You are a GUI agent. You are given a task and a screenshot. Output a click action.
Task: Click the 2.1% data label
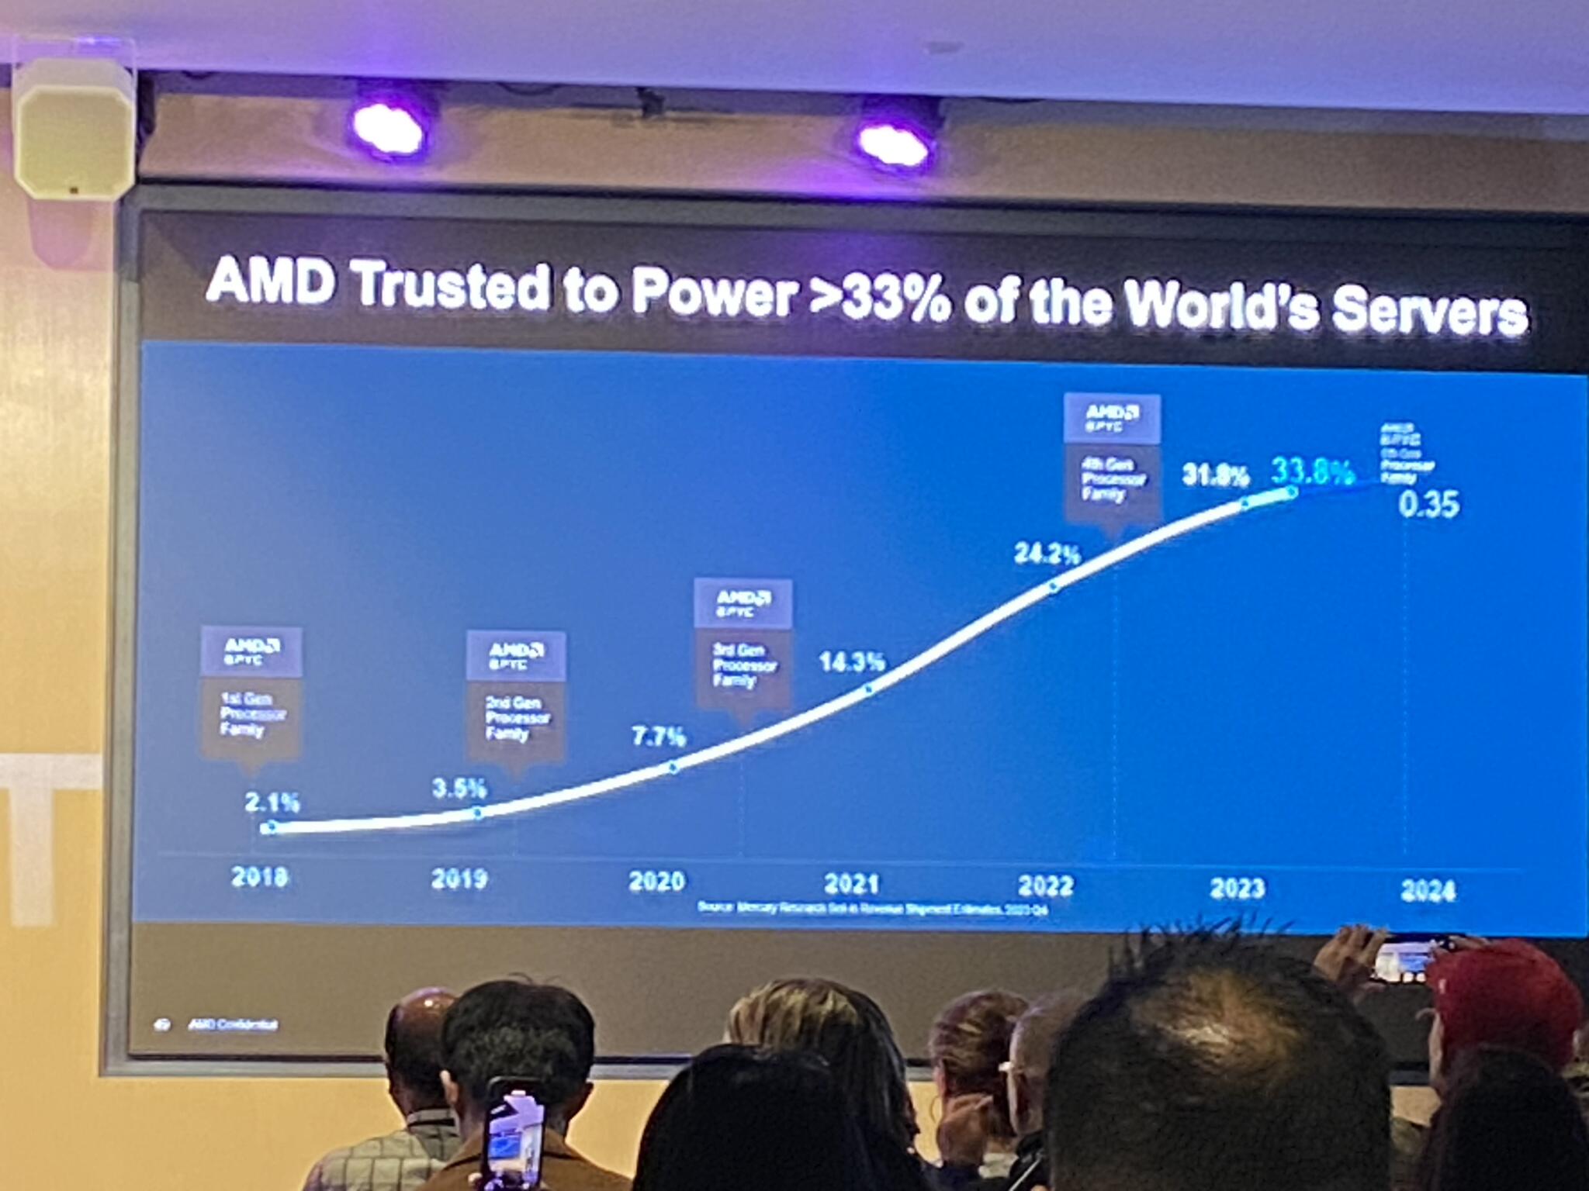click(x=272, y=802)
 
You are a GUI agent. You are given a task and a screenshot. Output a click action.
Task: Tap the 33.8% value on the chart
click(x=1314, y=471)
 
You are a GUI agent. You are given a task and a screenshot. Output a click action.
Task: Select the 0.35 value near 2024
click(x=1428, y=505)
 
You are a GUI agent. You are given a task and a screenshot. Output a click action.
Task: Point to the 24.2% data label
click(x=1047, y=554)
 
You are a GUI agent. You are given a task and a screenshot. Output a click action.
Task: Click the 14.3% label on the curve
click(x=852, y=661)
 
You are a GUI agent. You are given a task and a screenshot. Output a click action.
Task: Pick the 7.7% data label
click(x=658, y=736)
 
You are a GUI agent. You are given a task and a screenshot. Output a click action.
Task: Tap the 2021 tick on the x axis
click(x=851, y=883)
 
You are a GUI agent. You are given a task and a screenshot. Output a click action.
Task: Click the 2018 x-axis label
click(x=259, y=876)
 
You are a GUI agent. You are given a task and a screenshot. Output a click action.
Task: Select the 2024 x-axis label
click(x=1428, y=890)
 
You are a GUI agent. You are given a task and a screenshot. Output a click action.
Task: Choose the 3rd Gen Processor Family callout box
click(x=743, y=643)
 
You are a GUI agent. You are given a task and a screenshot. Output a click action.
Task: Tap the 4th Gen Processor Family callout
click(x=1113, y=458)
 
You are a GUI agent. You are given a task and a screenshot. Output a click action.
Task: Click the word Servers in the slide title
click(x=1428, y=312)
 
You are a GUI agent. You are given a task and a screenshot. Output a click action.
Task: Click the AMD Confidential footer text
click(x=232, y=1025)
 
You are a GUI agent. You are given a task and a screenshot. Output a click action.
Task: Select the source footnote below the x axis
click(x=872, y=907)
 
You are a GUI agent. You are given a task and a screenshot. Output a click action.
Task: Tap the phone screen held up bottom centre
click(x=514, y=1132)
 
